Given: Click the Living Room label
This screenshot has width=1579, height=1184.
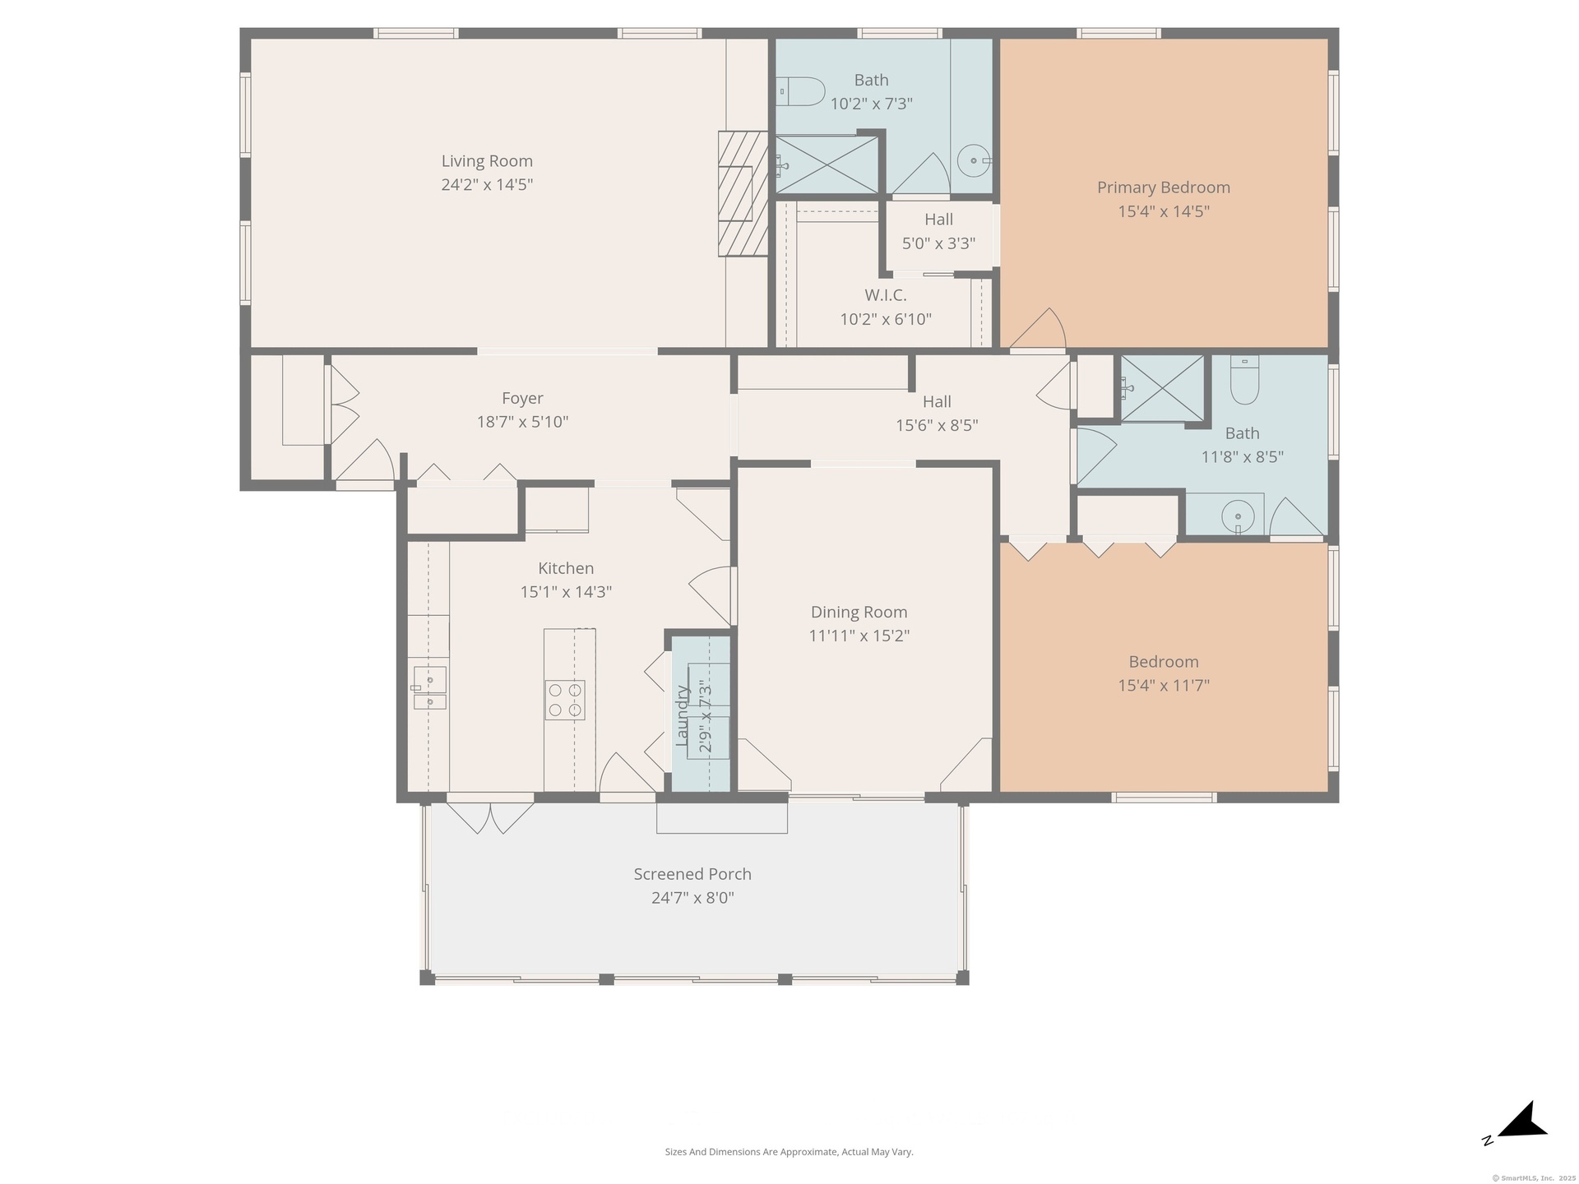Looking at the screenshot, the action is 487,161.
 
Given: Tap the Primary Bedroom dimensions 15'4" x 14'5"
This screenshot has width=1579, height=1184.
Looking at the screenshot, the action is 1163,211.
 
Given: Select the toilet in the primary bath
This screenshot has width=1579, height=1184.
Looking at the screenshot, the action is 800,91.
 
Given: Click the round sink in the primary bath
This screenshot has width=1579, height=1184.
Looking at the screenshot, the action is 975,161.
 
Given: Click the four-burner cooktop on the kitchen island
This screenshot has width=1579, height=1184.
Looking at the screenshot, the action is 565,701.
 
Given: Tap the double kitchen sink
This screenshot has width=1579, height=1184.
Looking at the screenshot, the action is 428,688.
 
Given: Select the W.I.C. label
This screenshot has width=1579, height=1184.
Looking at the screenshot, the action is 886,295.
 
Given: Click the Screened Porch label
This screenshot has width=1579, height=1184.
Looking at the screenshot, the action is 692,874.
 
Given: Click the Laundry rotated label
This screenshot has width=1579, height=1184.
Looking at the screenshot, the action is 682,715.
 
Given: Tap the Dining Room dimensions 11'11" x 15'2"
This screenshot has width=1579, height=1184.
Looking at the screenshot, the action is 859,636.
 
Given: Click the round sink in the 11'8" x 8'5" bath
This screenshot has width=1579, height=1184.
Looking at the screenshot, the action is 1238,517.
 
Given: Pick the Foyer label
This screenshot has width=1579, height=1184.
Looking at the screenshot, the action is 522,398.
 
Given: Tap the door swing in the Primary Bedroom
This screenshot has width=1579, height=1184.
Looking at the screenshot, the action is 1038,328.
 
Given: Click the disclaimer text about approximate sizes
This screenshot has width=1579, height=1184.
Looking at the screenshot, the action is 789,1152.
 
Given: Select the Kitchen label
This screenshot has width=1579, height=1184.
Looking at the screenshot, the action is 566,568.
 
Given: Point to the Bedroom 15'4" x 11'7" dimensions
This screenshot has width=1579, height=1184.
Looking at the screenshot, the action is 1163,686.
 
